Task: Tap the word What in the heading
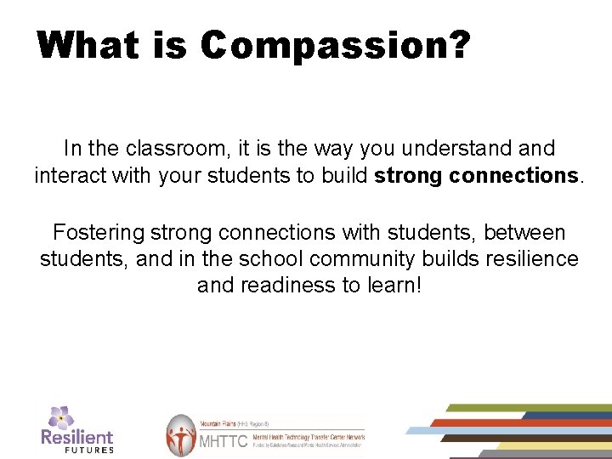click(x=88, y=44)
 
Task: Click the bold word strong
click(x=408, y=176)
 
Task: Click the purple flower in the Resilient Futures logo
click(x=61, y=417)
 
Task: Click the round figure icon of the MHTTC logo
click(x=180, y=435)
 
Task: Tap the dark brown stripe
click(x=510, y=438)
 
